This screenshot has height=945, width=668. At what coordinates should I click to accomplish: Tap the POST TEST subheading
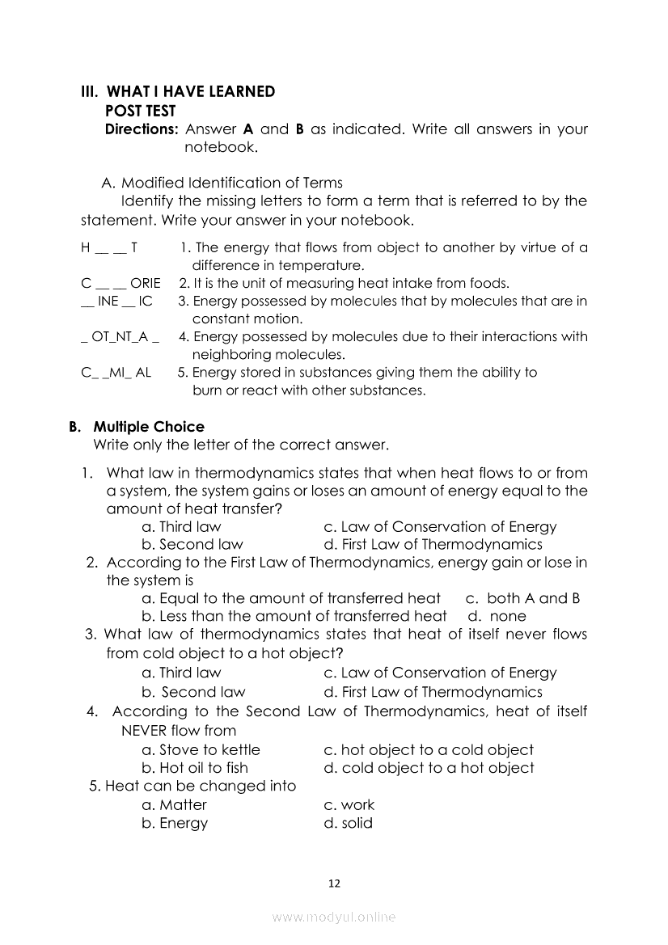(x=141, y=111)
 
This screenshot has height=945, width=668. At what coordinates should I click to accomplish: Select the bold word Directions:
(x=142, y=129)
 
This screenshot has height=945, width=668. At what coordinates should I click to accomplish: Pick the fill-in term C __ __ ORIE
(x=120, y=283)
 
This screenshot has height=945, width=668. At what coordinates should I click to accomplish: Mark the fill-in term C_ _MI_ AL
(x=116, y=373)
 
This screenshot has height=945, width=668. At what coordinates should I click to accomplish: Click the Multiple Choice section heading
(x=149, y=427)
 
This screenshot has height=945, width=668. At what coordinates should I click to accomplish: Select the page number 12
(x=334, y=884)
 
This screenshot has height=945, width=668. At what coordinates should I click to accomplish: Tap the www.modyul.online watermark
(x=334, y=918)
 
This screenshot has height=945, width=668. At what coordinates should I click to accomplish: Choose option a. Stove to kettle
(x=201, y=750)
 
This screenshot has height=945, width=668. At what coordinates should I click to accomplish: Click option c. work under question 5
(x=349, y=805)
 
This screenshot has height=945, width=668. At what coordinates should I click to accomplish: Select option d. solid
(x=348, y=824)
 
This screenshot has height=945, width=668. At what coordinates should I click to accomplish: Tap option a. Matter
(x=174, y=805)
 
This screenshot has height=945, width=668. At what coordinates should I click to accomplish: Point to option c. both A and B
(x=522, y=598)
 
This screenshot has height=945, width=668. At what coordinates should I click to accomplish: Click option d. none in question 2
(x=497, y=616)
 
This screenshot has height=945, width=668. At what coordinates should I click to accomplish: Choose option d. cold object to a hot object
(x=429, y=768)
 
